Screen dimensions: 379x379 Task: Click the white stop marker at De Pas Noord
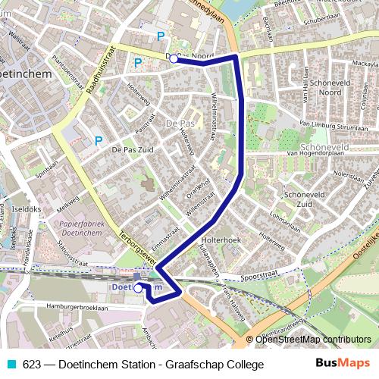174,58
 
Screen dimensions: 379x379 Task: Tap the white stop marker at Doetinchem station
138,287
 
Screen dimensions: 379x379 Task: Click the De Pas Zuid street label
132,150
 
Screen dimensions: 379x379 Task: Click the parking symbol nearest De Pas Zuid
99,140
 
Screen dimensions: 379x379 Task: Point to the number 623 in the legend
33,365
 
